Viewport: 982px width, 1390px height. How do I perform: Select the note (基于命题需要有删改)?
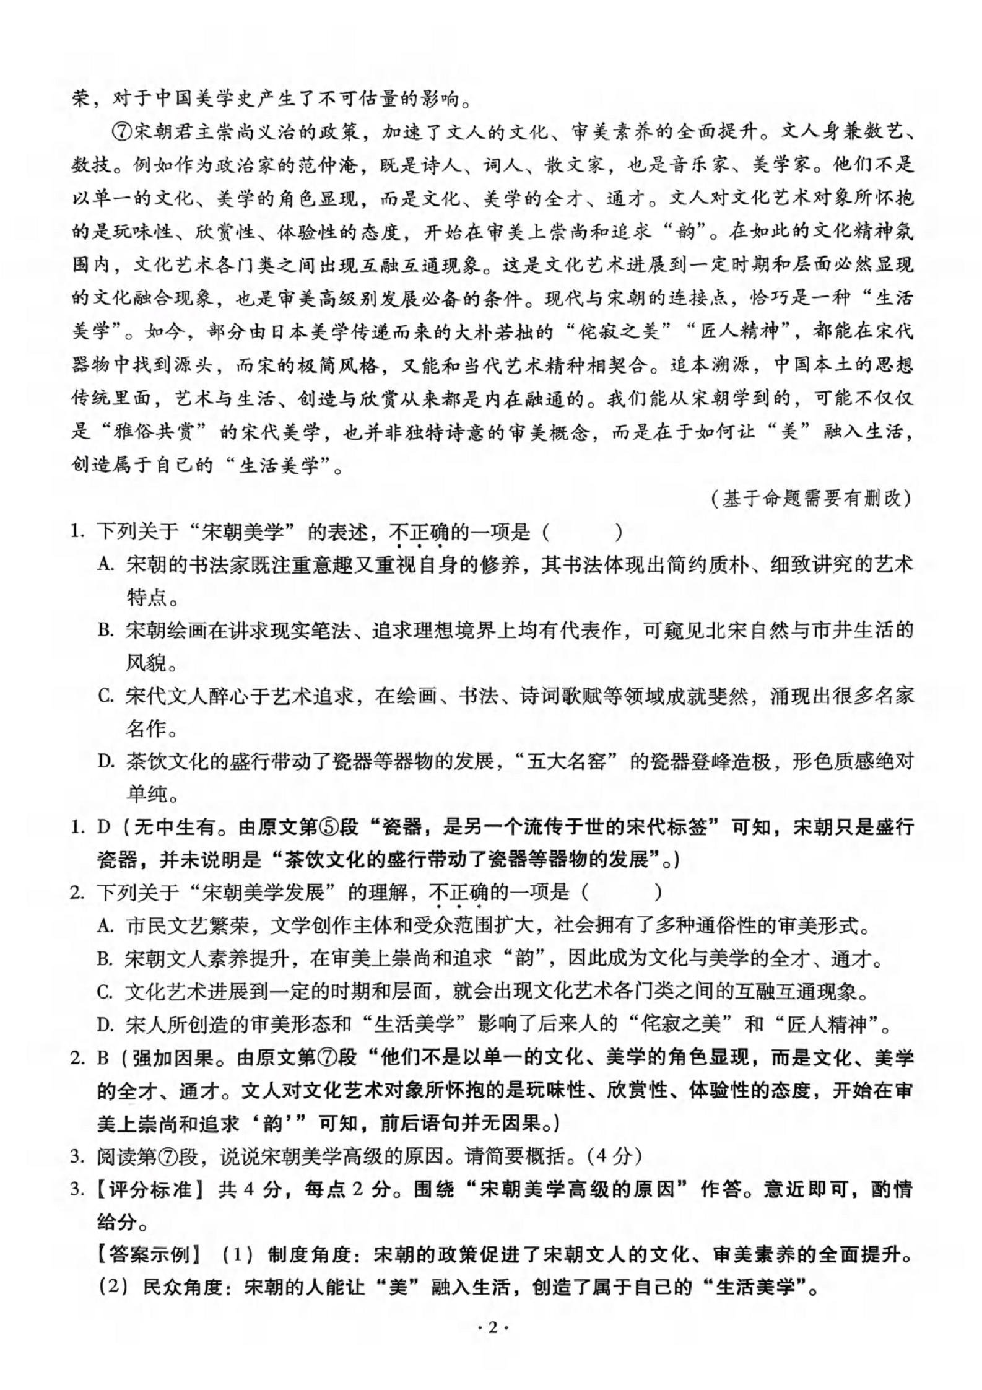[x=812, y=498]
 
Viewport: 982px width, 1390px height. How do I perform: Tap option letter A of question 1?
[x=104, y=565]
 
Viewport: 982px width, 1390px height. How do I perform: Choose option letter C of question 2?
[x=104, y=992]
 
